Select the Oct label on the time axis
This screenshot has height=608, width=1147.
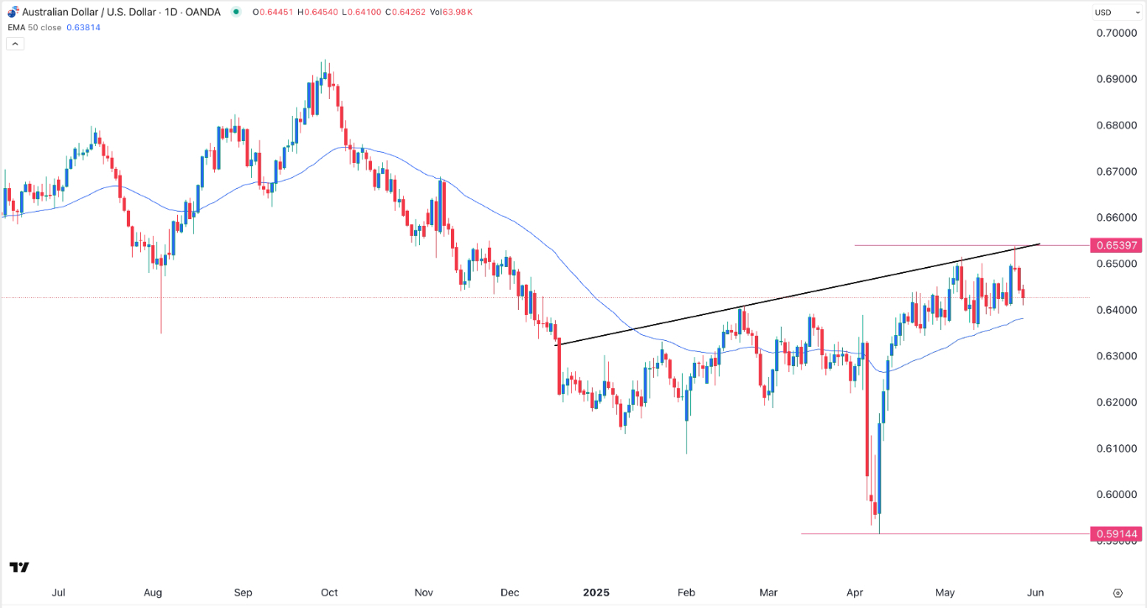point(329,592)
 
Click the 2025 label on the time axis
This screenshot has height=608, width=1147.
point(597,592)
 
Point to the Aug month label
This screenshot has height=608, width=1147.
point(152,592)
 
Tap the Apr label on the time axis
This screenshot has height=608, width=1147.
point(854,592)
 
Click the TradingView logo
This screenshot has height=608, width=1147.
point(19,568)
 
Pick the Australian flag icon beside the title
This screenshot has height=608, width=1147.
point(12,12)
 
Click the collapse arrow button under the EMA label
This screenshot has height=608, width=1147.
point(15,43)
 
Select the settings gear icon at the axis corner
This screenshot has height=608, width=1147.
point(1118,592)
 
